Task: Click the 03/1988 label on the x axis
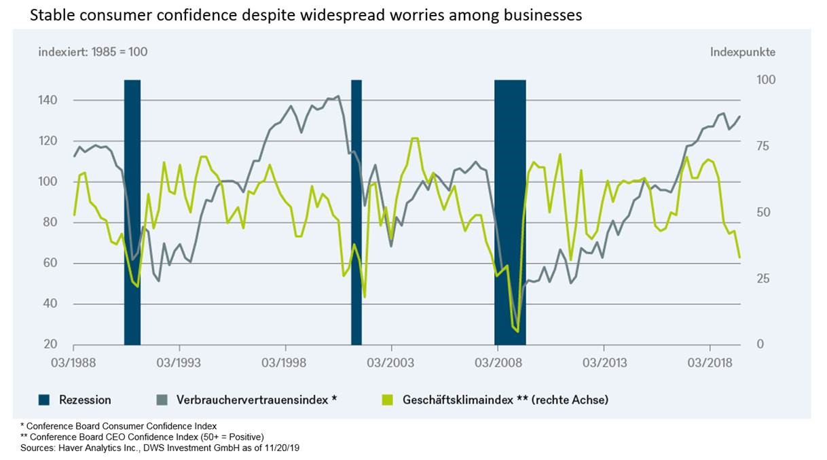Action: tap(73, 361)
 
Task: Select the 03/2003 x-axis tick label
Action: tap(390, 361)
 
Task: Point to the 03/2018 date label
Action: tap(710, 361)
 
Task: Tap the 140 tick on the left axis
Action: tap(65, 101)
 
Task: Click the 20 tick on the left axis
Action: tap(68, 344)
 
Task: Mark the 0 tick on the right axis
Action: tap(760, 344)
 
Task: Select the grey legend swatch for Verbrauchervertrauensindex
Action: tap(162, 400)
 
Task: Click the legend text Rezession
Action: tap(85, 400)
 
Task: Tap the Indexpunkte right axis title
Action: tap(743, 52)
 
